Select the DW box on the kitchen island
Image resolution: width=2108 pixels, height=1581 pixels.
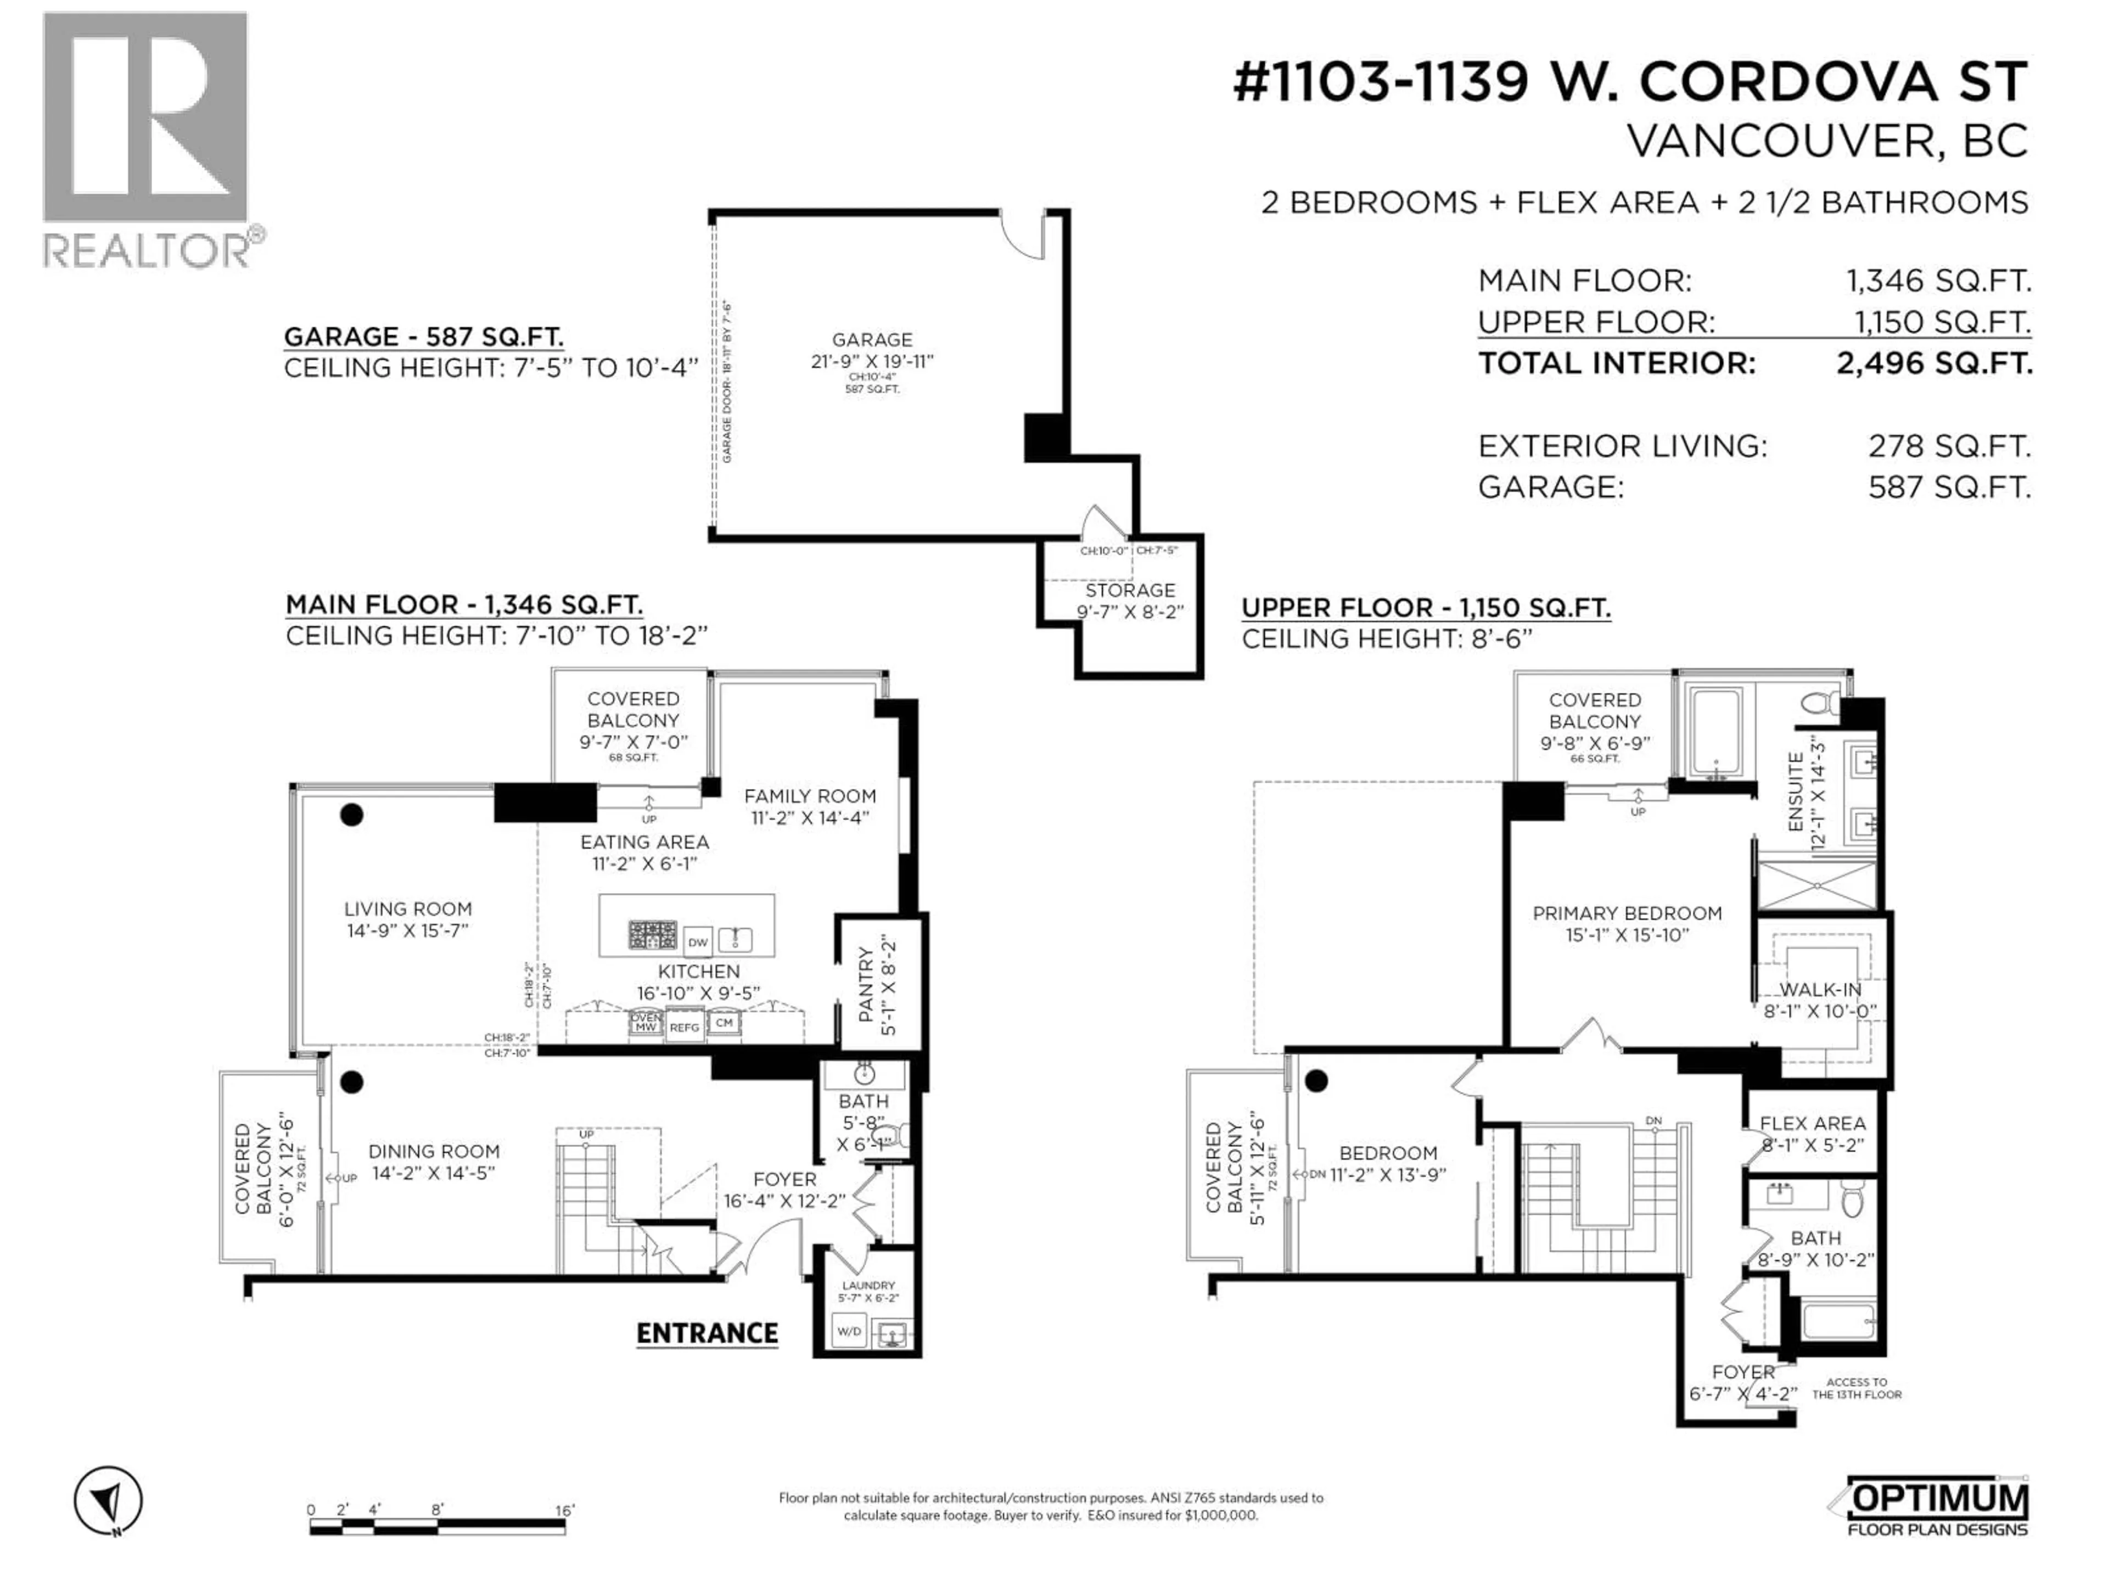[698, 941]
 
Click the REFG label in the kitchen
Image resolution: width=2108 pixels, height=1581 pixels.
[683, 1027]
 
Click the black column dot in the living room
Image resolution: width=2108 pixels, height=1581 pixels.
[352, 814]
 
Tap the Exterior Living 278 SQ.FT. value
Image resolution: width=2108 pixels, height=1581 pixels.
[1949, 446]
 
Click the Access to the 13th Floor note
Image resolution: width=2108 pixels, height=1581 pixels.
[1855, 1388]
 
